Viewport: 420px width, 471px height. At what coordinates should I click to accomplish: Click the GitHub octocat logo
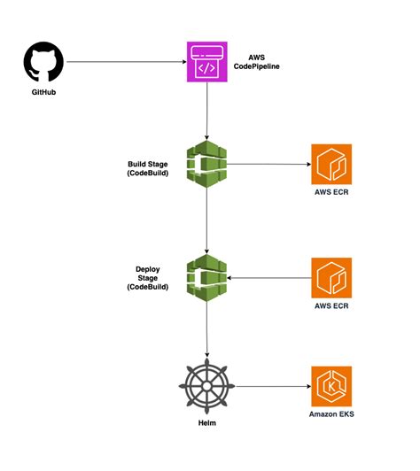(42, 63)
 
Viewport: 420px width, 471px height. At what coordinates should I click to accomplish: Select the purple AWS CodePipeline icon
(206, 63)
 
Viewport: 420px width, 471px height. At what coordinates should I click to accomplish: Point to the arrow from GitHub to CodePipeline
(124, 63)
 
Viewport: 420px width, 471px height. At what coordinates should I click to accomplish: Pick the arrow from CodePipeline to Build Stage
(206, 111)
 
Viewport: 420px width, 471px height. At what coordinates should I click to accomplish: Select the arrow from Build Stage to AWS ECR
(266, 163)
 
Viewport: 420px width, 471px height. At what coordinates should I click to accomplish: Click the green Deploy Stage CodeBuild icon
(206, 277)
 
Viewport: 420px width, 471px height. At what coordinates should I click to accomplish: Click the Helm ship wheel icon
(206, 387)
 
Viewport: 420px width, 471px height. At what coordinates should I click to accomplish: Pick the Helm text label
(206, 427)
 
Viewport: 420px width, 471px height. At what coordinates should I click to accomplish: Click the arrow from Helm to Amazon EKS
(270, 387)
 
